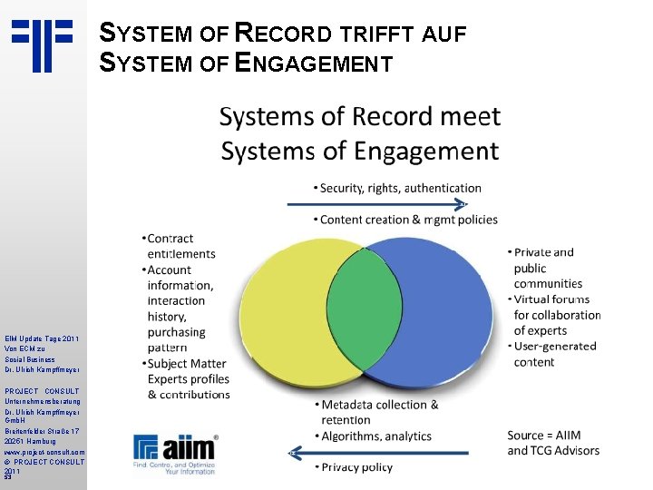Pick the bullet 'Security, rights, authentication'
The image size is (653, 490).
pos(400,188)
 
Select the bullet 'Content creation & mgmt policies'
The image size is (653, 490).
pos(408,220)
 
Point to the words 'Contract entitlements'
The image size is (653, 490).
pos(180,246)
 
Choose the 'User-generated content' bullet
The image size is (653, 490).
pos(555,353)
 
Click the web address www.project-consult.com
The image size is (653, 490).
pos(44,451)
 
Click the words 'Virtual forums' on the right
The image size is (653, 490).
pos(551,299)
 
